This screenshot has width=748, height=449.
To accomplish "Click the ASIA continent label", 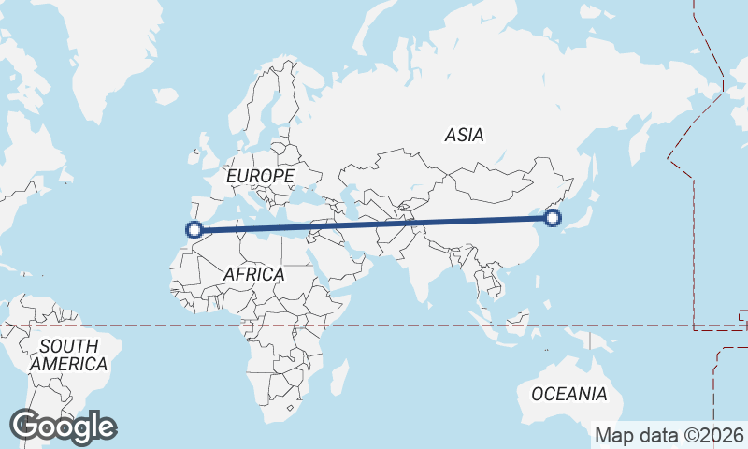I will pyautogui.click(x=465, y=135).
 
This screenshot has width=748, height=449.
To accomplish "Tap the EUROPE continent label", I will pyautogui.click(x=260, y=176).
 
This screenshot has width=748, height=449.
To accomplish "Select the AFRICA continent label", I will pyautogui.click(x=253, y=274).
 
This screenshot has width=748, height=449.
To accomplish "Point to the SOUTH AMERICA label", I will pyautogui.click(x=69, y=355).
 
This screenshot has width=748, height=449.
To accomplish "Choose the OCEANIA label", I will pyautogui.click(x=568, y=394).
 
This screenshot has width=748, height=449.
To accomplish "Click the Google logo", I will pyautogui.click(x=63, y=427).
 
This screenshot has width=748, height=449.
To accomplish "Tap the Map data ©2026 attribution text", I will pyautogui.click(x=669, y=435).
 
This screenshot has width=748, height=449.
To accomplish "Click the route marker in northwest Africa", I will pyautogui.click(x=194, y=229).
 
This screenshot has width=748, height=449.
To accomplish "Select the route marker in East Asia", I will pyautogui.click(x=553, y=218).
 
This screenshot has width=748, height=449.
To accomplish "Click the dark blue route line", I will pyautogui.click(x=374, y=224).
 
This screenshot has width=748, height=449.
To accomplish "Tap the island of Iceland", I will pyautogui.click(x=165, y=94).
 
